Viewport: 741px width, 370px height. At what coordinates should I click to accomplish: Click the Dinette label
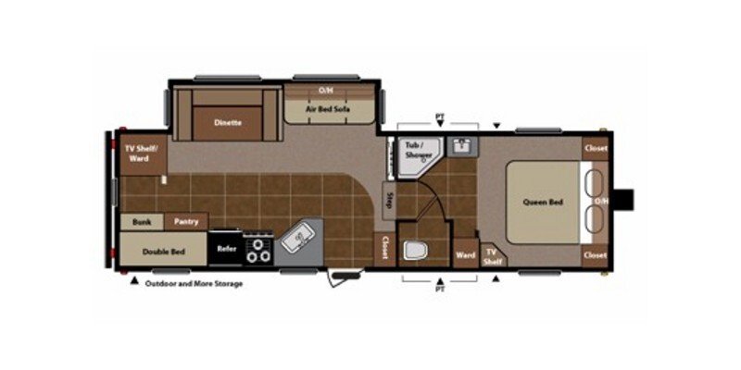click(228, 122)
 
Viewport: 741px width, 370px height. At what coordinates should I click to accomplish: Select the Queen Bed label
click(544, 202)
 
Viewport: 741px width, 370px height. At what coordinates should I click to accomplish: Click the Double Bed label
click(163, 250)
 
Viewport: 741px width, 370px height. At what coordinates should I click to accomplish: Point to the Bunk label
click(142, 222)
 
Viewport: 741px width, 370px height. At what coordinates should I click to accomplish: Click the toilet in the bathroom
click(415, 249)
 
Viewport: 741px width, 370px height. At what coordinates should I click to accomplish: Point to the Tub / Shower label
click(412, 151)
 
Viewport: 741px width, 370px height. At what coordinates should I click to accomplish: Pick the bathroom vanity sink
click(460, 145)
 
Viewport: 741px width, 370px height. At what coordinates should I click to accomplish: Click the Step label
click(390, 201)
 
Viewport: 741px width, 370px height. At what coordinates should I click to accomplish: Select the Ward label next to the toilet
click(465, 254)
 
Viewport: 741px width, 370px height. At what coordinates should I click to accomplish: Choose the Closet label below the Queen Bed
click(595, 255)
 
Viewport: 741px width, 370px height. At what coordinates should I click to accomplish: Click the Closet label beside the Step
click(385, 247)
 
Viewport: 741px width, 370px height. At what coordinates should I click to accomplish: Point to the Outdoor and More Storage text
click(193, 284)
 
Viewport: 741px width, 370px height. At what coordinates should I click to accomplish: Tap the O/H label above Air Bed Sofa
click(325, 91)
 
